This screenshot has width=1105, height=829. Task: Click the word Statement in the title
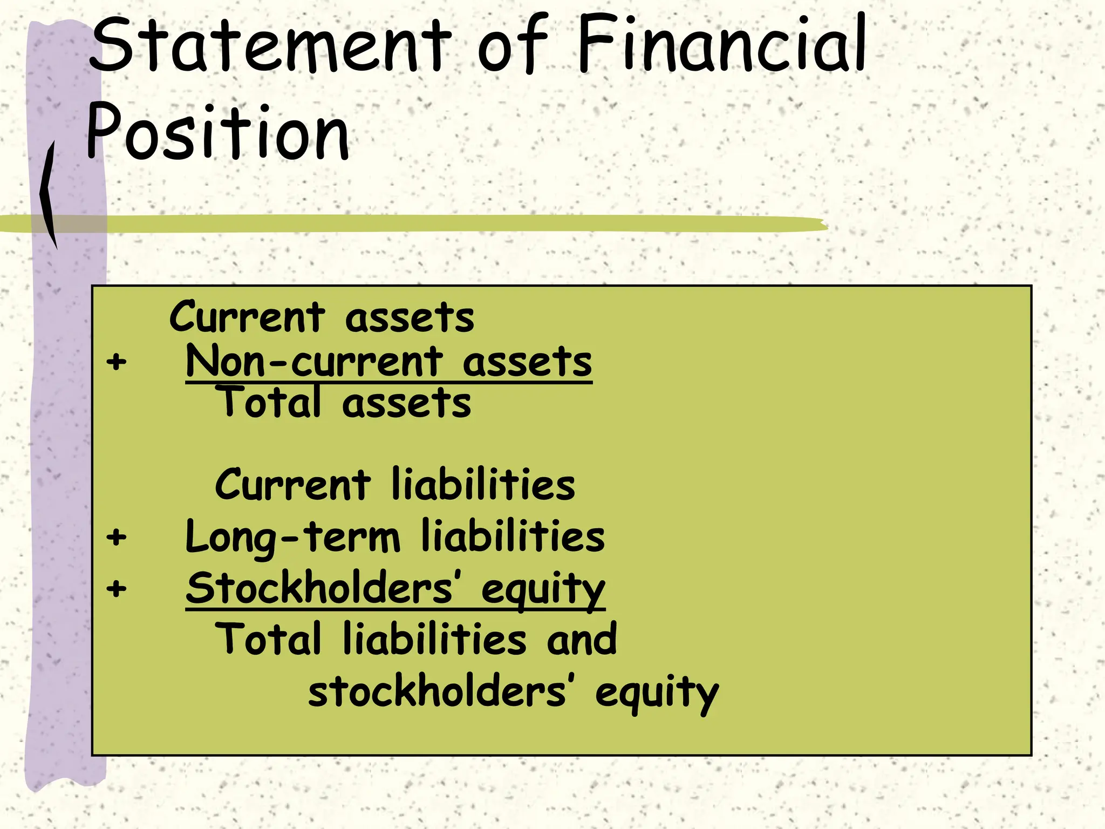pyautogui.click(x=270, y=46)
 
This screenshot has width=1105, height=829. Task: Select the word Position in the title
pyautogui.click(x=218, y=132)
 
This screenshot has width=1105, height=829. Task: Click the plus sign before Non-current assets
pyautogui.click(x=117, y=362)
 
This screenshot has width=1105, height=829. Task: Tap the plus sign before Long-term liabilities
pyautogui.click(x=117, y=537)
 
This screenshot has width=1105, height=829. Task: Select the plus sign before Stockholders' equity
pyautogui.click(x=117, y=588)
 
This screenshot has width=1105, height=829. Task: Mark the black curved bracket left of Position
pyautogui.click(x=49, y=194)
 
